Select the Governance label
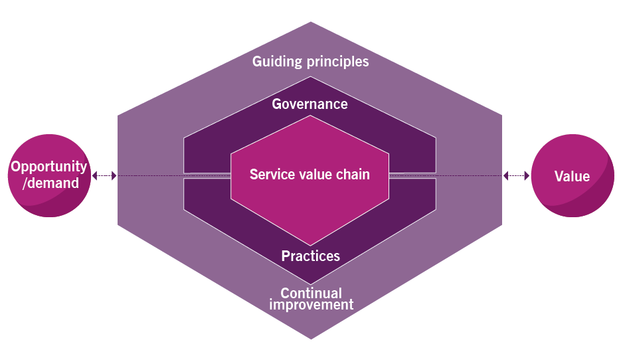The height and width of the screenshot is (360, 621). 310,104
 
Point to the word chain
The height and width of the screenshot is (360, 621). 353,175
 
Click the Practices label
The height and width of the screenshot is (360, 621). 310,256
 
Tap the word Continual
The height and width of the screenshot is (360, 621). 311,293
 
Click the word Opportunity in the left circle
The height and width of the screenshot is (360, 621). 48,167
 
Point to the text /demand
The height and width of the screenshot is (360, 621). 50,183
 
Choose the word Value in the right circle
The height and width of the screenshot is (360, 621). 572,176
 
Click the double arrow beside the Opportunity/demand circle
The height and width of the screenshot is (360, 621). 104,176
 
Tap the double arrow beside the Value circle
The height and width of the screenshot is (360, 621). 516,176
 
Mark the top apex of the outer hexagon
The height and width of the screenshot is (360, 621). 310,23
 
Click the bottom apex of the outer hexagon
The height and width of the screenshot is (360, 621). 310,338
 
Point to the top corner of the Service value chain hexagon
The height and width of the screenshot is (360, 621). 310,116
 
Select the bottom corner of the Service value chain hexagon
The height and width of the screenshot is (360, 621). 310,244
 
